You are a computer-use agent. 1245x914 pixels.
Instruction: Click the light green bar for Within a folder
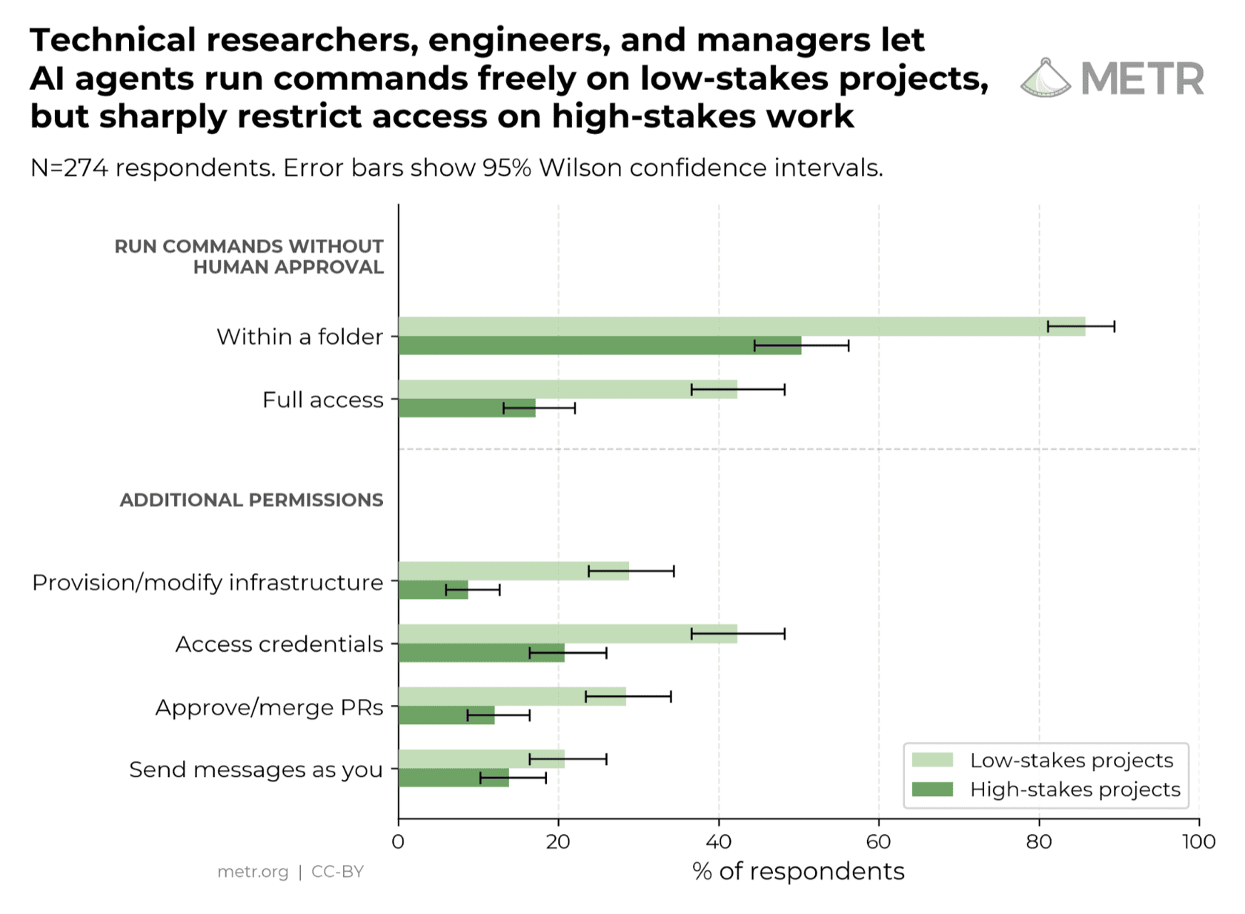point(742,327)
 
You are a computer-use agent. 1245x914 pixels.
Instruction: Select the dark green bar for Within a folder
point(600,345)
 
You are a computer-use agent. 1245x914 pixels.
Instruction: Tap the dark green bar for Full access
point(468,408)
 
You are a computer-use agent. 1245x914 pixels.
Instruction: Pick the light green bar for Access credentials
point(568,635)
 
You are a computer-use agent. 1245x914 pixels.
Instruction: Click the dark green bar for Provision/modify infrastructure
point(434,590)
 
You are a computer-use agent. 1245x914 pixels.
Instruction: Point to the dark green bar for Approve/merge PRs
point(447,715)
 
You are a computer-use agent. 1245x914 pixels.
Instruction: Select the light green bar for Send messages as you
point(482,759)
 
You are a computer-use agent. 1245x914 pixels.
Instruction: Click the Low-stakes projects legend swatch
point(932,760)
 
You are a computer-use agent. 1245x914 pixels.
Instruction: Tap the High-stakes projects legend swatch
point(932,789)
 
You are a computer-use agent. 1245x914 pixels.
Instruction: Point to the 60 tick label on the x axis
point(879,842)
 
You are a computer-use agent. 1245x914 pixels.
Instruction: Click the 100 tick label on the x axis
point(1199,842)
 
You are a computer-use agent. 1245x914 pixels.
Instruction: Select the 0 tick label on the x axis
point(398,842)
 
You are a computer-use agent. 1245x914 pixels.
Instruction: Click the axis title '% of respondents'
point(799,872)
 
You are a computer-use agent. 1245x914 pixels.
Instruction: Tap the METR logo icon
point(1046,78)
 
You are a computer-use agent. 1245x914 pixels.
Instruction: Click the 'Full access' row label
point(323,400)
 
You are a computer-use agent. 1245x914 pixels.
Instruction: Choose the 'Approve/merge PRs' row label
point(270,708)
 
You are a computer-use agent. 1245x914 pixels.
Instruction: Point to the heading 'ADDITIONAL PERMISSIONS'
point(252,500)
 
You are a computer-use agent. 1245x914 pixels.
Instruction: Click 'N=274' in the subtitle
point(69,168)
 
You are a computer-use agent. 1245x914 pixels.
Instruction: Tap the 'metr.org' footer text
point(253,872)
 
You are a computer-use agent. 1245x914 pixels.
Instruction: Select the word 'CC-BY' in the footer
point(337,871)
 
